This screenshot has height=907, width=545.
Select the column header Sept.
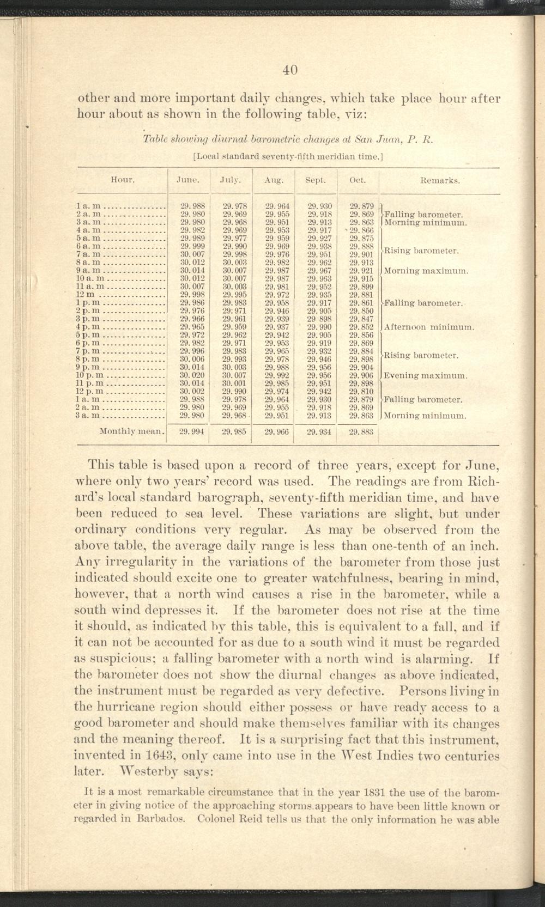[x=316, y=179]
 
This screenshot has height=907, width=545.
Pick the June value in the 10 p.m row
[x=191, y=375]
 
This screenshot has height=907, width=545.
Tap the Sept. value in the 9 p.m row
[x=317, y=367]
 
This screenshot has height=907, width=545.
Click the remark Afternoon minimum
[x=429, y=327]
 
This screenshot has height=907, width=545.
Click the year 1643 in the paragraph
[x=160, y=756]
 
